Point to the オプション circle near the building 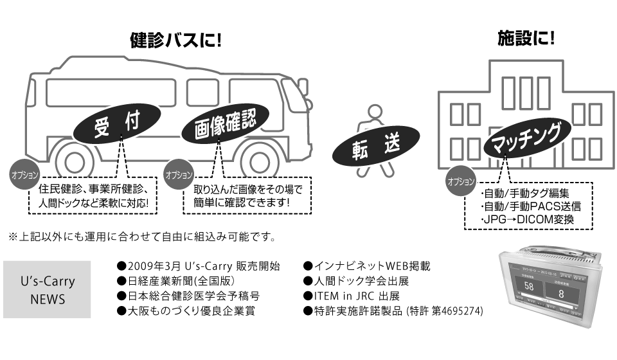461,182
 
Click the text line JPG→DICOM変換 526,221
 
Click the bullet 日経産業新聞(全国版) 175,281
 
